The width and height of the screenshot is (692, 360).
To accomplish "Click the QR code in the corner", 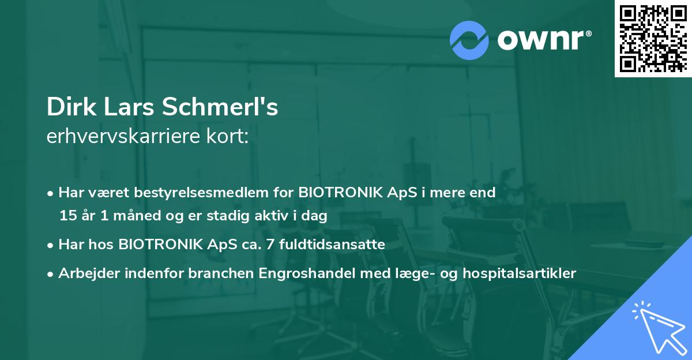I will [x=652, y=39].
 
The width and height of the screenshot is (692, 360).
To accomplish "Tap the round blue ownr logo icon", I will [x=469, y=40].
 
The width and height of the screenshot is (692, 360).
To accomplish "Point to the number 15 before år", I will [x=66, y=216].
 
